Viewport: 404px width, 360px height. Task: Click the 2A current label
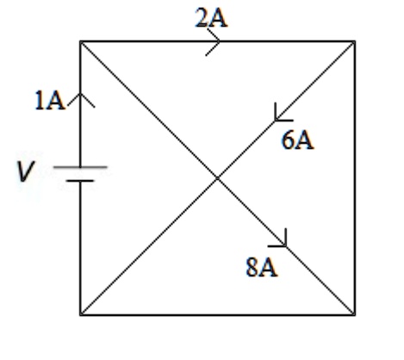(x=211, y=18)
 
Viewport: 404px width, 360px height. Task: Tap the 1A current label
(x=50, y=100)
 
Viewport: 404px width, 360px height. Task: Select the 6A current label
(x=298, y=140)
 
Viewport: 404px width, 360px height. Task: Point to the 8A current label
(x=262, y=267)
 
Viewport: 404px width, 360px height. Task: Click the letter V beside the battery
(x=26, y=171)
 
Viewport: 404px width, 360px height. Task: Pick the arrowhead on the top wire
(x=214, y=42)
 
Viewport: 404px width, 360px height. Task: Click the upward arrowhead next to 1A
(x=81, y=100)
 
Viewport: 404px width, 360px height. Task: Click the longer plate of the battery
(x=80, y=166)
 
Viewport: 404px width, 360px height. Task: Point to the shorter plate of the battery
(x=80, y=181)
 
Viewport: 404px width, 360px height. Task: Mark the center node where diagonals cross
(x=217, y=178)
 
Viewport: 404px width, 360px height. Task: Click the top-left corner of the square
(x=80, y=41)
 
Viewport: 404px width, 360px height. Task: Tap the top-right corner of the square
(x=355, y=41)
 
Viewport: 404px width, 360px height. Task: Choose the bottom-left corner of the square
(x=80, y=315)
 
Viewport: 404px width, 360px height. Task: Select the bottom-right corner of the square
(x=355, y=315)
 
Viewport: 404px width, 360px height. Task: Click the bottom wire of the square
(x=218, y=315)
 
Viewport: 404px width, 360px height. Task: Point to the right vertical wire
(x=355, y=178)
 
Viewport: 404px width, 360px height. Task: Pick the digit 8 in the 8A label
(x=252, y=267)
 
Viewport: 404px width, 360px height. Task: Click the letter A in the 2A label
(x=219, y=19)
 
